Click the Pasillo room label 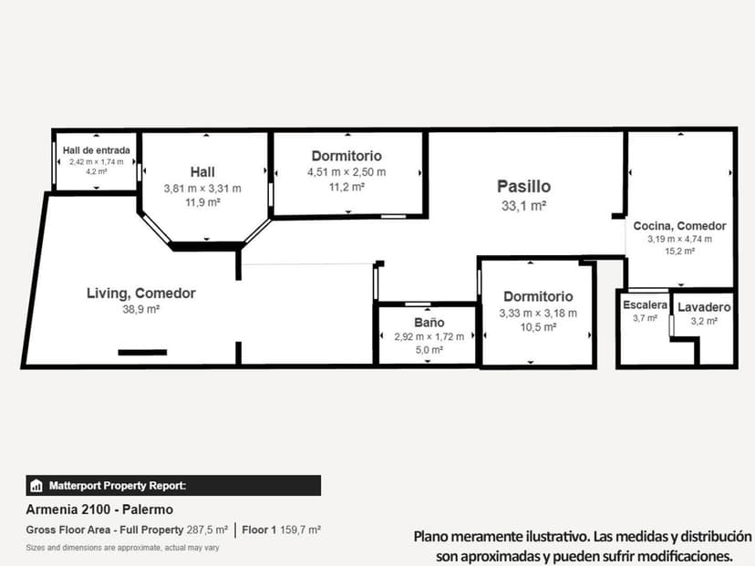pos(523,187)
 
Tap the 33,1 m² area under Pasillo pos(523,206)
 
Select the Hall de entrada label pos(96,150)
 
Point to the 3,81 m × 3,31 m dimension pos(202,189)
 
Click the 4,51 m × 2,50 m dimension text pos(346,171)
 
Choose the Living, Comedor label pos(141,293)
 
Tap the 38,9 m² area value pos(141,310)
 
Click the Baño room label pos(429,323)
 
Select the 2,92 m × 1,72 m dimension pos(429,336)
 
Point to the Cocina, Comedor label pos(679,226)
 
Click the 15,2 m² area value pos(679,251)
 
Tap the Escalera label pos(644,304)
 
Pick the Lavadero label pos(704,307)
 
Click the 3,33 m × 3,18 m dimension pos(538,314)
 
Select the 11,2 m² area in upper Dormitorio pos(346,186)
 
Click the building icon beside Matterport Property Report pos(36,485)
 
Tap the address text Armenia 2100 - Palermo pos(99,509)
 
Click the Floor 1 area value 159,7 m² pos(300,530)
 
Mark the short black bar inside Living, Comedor pos(142,352)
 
